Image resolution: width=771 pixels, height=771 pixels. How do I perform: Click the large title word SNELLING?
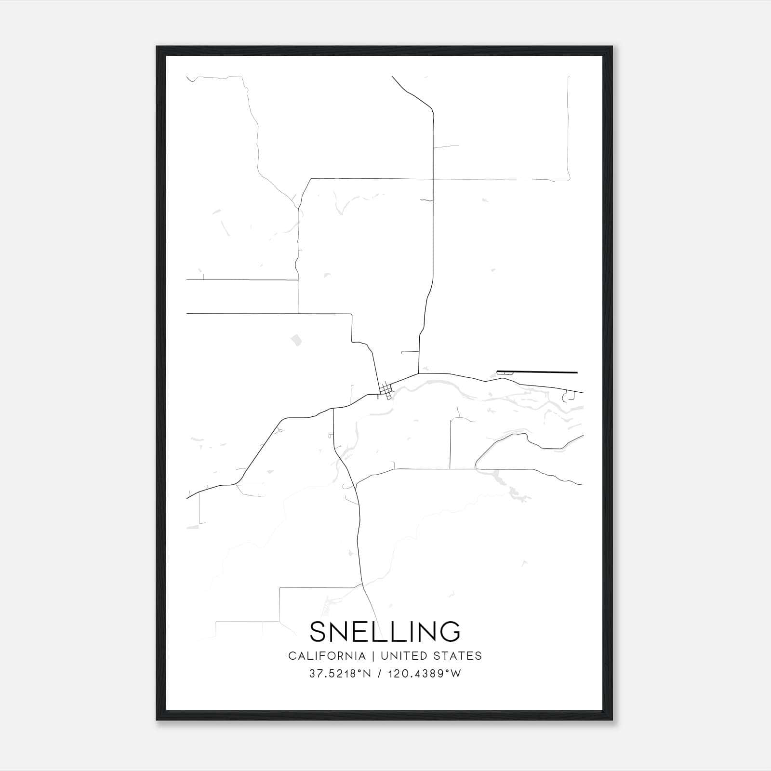tap(385, 631)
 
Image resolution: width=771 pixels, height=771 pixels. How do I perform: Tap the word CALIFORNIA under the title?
tap(327, 656)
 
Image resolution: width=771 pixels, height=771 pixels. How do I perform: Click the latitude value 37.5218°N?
tap(340, 674)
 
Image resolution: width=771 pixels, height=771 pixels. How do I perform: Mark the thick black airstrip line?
tap(537, 372)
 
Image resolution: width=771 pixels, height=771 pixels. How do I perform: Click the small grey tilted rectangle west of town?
tap(295, 340)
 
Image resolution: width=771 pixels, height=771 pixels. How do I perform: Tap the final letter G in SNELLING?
tap(451, 631)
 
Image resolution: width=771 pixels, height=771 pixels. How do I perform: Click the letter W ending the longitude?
tap(456, 674)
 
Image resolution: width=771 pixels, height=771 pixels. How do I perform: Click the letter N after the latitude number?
tap(368, 674)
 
